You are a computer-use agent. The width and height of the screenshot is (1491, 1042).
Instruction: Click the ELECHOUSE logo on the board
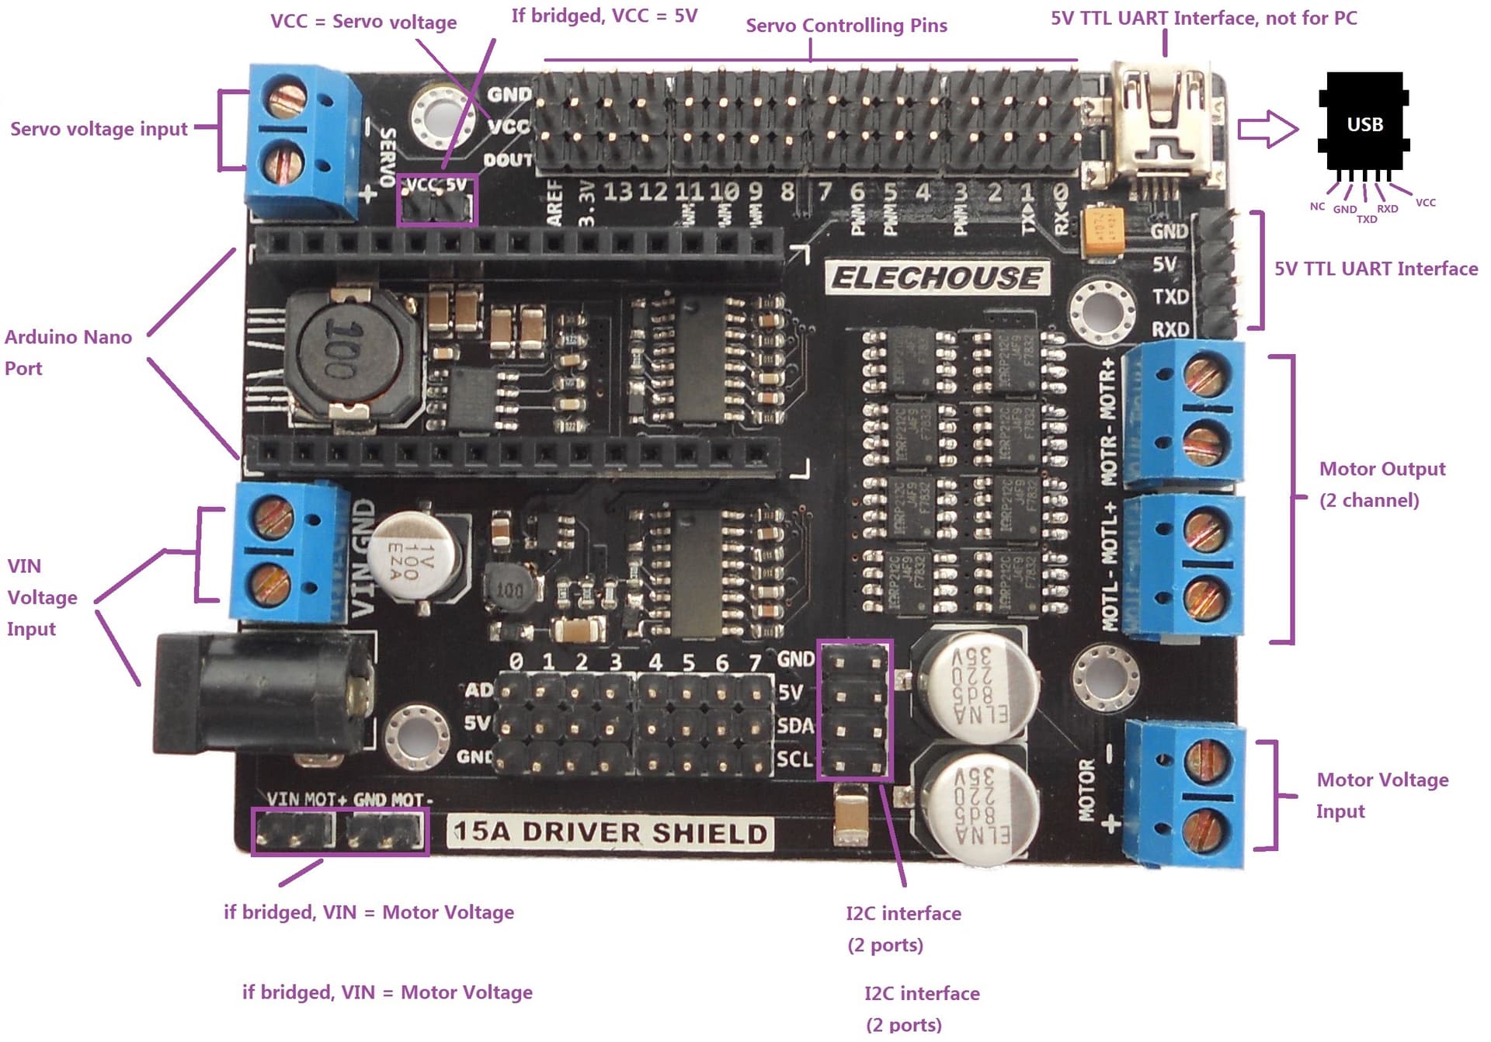tap(937, 277)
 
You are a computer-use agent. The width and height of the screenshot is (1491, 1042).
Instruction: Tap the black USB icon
tap(1364, 122)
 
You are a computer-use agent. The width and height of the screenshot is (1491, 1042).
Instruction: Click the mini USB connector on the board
tap(1163, 124)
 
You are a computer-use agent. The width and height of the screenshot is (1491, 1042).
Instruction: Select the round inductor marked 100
tap(348, 351)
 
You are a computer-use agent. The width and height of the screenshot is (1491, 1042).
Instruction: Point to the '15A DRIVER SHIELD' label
tap(610, 832)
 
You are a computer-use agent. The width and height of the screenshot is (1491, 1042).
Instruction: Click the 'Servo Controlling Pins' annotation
tap(846, 26)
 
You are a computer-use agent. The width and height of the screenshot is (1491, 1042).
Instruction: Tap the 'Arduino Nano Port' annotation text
tap(68, 353)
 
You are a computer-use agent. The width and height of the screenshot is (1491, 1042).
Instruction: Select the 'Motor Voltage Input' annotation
tap(1382, 795)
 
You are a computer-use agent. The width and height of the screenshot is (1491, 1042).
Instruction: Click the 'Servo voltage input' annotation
tap(99, 129)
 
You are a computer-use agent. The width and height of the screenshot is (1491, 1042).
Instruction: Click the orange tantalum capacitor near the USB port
tap(1101, 229)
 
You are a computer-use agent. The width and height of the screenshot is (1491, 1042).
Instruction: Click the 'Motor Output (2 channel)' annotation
tap(1382, 484)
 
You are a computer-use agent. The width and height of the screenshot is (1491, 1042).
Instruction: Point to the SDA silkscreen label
tap(794, 725)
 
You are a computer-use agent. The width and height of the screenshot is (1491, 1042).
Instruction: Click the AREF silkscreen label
tap(554, 203)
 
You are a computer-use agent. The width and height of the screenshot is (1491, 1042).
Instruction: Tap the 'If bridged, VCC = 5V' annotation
tap(604, 16)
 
